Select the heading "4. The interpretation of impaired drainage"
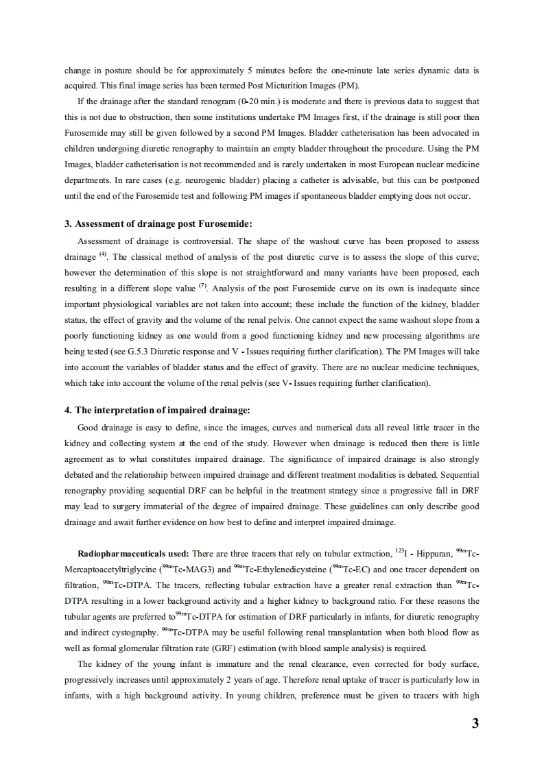(157, 410)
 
